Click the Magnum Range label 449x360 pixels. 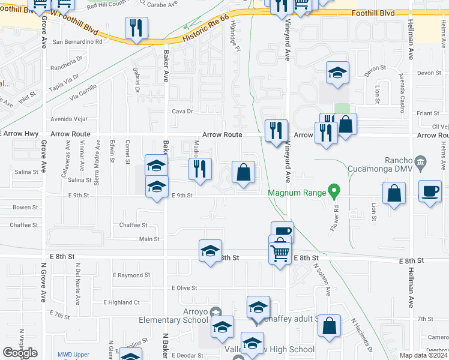point(296,192)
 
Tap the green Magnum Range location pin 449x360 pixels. point(336,193)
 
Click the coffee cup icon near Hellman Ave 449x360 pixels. point(430,191)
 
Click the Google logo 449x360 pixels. point(20,353)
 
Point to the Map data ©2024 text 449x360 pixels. point(424,355)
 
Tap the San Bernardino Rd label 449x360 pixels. point(77,42)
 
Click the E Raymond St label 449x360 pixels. point(131,274)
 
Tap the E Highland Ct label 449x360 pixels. point(121,302)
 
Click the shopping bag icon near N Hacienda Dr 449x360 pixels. point(329,326)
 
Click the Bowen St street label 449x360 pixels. point(25,208)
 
